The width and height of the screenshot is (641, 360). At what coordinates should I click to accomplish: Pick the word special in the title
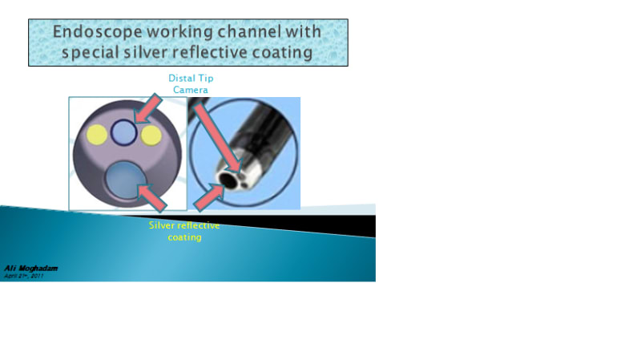pos(97,53)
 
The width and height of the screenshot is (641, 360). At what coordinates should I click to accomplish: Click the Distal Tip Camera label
pos(191,83)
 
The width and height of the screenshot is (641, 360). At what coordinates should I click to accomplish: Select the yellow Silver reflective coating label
pos(184,231)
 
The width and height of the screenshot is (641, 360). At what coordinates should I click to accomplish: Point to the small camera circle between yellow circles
pos(123,132)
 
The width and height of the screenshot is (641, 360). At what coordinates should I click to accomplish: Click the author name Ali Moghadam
pos(30,268)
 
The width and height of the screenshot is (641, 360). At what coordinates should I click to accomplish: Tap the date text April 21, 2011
pos(24,275)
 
